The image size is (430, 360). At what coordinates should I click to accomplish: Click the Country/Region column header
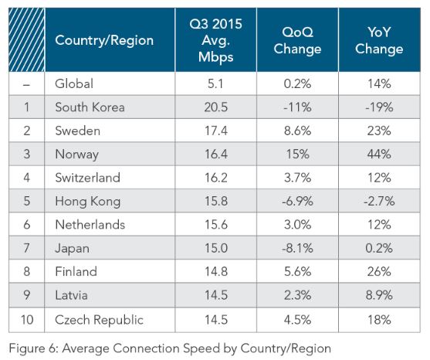click(x=103, y=40)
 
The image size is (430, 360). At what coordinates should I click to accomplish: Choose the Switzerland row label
click(x=87, y=178)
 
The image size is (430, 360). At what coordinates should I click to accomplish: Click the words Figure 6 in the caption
click(x=30, y=348)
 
